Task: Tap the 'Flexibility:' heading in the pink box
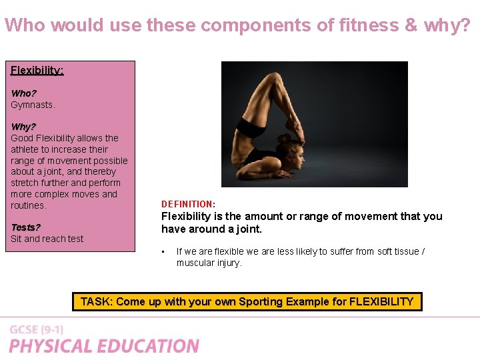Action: pos(37,70)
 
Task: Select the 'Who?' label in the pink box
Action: pos(23,93)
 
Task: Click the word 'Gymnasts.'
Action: pos(33,105)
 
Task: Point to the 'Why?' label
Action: pos(23,127)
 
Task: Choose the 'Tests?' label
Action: pos(25,227)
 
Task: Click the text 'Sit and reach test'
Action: pos(47,239)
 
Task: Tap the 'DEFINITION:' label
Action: pos(188,204)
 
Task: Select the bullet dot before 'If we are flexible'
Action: pos(163,252)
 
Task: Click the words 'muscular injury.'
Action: pos(209,263)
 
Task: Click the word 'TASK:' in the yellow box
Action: pos(96,302)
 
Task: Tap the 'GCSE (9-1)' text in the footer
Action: pos(36,330)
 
